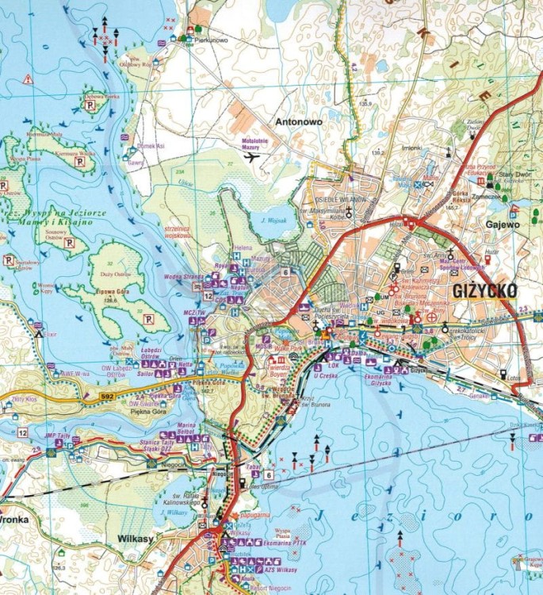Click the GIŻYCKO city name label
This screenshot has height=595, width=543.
click(484, 291)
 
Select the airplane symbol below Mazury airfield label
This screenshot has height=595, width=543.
click(253, 156)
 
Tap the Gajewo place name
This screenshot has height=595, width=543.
click(502, 225)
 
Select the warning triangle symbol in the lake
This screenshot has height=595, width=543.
click(27, 79)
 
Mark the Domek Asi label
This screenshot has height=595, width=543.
click(149, 146)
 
